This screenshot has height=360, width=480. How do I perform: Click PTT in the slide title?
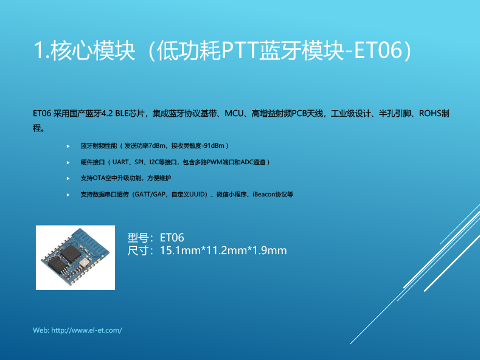(x=239, y=50)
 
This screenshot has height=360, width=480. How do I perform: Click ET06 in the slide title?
(x=378, y=50)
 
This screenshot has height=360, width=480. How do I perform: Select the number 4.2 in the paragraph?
(x=107, y=114)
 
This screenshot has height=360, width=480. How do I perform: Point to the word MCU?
(x=234, y=114)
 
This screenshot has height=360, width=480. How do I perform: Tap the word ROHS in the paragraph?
(x=430, y=114)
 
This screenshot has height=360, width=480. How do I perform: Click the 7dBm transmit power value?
(x=157, y=146)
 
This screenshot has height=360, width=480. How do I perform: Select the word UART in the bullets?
(x=120, y=162)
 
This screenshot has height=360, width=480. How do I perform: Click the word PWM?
(x=214, y=162)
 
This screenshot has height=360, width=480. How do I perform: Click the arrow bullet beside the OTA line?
(x=68, y=178)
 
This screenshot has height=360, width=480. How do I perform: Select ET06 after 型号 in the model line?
(x=172, y=238)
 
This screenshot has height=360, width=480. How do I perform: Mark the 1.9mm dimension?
(x=270, y=251)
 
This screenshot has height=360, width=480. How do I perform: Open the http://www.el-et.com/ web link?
(x=86, y=330)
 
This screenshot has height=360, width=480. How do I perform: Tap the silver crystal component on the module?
(x=84, y=263)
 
